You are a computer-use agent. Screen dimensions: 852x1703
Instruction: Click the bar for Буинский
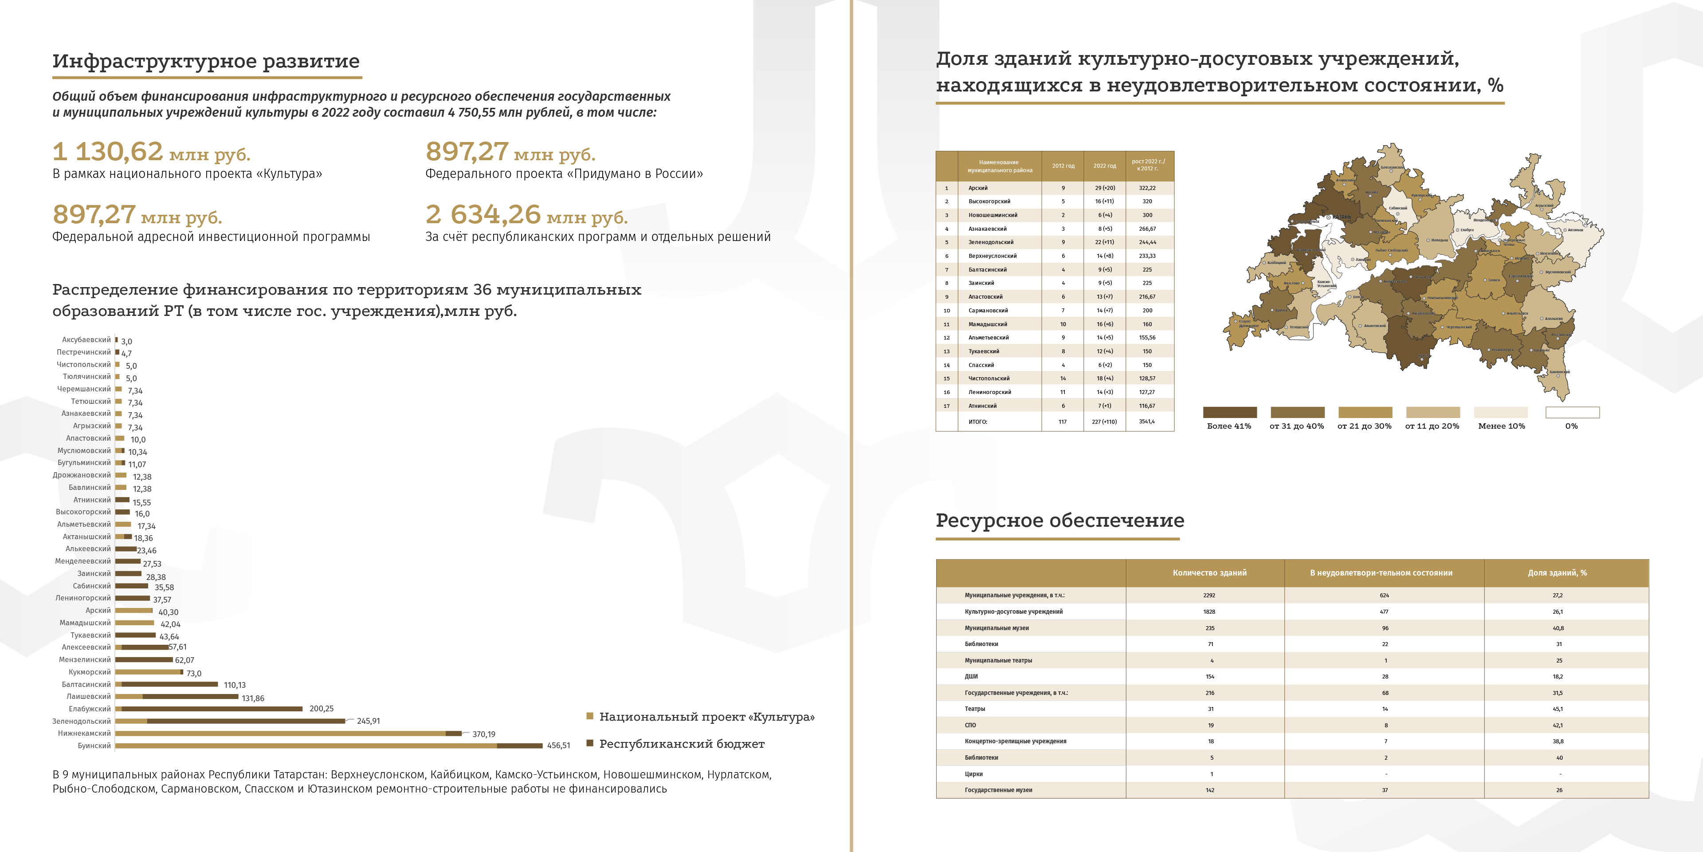pyautogui.click(x=329, y=745)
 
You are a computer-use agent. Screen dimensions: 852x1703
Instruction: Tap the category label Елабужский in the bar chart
pyautogui.click(x=90, y=709)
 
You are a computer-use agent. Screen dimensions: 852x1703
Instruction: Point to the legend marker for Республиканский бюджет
pyautogui.click(x=590, y=744)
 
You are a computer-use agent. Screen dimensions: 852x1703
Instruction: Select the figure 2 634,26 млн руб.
pyautogui.click(x=526, y=215)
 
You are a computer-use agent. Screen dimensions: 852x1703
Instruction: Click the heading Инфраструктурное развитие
pyautogui.click(x=206, y=62)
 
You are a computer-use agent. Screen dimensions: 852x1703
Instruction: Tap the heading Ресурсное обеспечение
pyautogui.click(x=1059, y=521)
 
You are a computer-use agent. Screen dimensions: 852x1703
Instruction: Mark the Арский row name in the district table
pyautogui.click(x=978, y=188)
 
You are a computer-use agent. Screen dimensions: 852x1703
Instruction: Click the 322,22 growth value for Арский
pyautogui.click(x=1147, y=188)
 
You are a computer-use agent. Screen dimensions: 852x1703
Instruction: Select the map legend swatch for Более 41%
pyautogui.click(x=1230, y=412)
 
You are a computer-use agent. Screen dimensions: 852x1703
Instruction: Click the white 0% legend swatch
pyautogui.click(x=1572, y=412)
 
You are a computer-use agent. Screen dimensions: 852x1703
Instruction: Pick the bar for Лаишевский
pyautogui.click(x=177, y=697)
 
